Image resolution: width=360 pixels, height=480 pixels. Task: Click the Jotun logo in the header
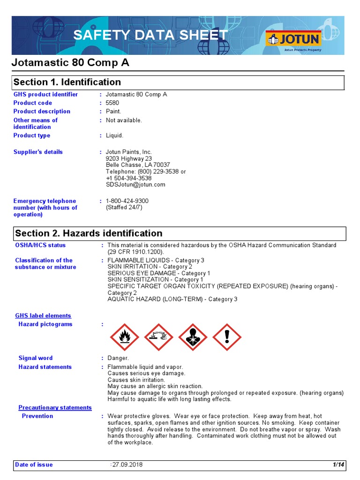[x=293, y=39]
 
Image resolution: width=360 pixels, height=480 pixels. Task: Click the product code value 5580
[x=112, y=103]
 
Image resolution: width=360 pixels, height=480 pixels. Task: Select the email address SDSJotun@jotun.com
[x=135, y=185]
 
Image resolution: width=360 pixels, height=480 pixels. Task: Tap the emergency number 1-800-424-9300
[x=127, y=201]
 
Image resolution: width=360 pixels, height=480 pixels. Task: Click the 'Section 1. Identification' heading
[x=67, y=82]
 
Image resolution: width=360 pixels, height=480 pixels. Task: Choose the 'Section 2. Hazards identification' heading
[x=89, y=233]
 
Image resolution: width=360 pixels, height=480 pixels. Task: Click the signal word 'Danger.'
[x=118, y=358]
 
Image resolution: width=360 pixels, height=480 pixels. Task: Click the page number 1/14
[x=338, y=465]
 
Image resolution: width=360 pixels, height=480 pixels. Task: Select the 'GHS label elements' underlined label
[x=43, y=316]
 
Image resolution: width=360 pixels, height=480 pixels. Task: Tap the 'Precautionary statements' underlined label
[x=55, y=408]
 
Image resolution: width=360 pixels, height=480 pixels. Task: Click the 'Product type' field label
[x=32, y=135]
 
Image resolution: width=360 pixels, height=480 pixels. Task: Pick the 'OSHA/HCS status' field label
[x=40, y=245]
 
